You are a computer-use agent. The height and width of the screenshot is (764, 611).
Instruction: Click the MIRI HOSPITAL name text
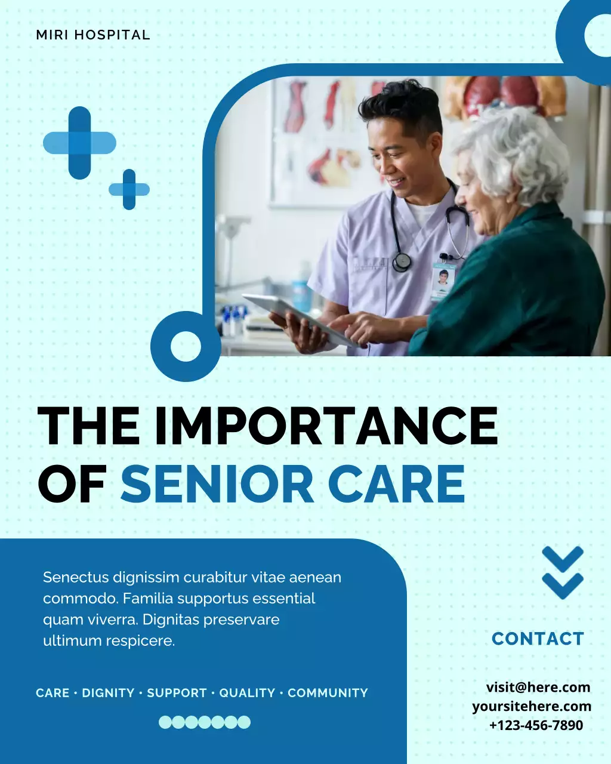pos(93,35)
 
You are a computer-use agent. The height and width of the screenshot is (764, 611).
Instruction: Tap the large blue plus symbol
pos(79,143)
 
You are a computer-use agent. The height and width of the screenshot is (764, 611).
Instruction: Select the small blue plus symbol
pos(129,190)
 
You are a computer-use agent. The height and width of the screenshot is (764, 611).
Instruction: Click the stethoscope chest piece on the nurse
pos(402,260)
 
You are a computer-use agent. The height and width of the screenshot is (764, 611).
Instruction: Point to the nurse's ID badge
pos(443,281)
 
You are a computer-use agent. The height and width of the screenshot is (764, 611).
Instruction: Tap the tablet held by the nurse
pos(298,316)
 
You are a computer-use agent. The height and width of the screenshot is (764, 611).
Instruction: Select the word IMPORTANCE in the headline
pos(326,426)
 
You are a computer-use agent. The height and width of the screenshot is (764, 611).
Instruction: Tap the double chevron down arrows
pos(563,572)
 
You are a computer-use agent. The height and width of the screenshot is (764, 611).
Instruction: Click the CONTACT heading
pos(538,639)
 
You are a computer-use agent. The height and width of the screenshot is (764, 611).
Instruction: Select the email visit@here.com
pos(538,687)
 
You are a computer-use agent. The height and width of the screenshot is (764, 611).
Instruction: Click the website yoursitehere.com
pos(532,706)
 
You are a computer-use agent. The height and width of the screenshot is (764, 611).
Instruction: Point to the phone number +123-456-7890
pos(536,725)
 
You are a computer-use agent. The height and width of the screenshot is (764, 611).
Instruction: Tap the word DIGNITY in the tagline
pos(108,693)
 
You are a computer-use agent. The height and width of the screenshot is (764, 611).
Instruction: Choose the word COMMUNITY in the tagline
pos(328,693)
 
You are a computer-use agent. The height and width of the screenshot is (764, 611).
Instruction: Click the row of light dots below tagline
pos(205,722)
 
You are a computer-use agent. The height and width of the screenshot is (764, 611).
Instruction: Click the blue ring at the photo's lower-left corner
pos(186,346)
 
